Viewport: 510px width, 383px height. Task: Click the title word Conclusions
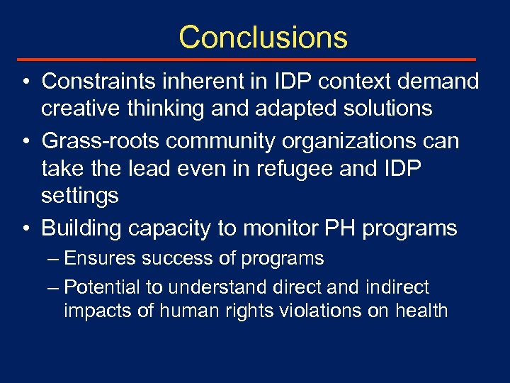coord(263,37)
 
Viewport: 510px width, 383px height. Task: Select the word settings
coord(80,196)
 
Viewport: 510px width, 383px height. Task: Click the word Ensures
coord(99,259)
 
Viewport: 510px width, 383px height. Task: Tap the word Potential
coord(103,287)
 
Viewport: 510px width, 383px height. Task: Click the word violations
coord(321,311)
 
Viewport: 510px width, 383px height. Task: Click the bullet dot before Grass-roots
coord(24,142)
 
